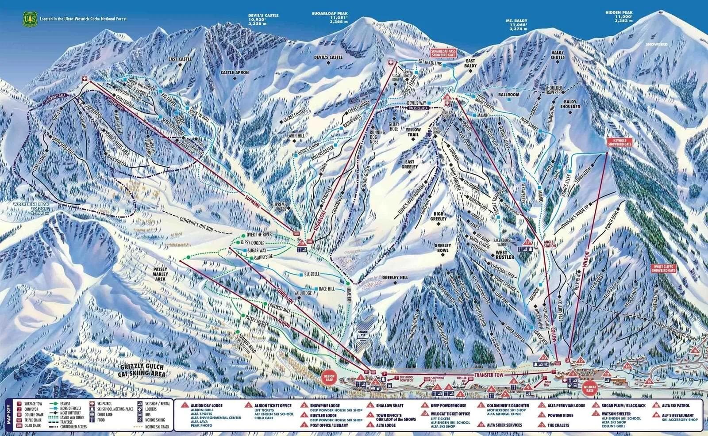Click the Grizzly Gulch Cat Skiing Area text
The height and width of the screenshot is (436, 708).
coord(142,371)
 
